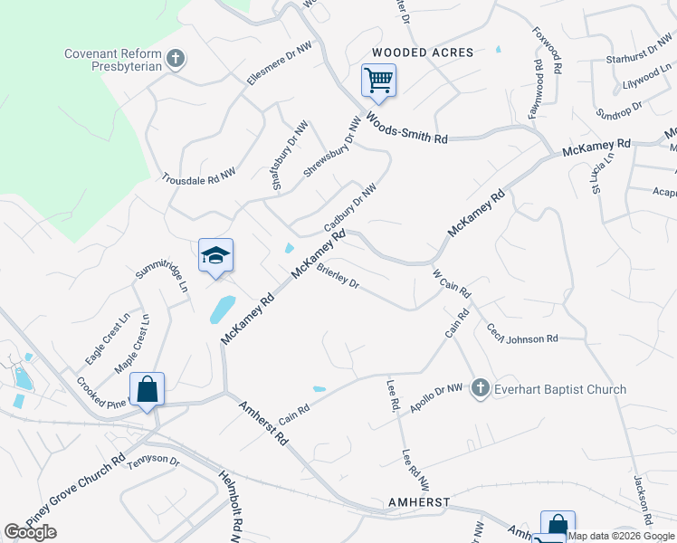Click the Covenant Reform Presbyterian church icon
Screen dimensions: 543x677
(x=176, y=60)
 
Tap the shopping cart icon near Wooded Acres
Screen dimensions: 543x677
(x=378, y=80)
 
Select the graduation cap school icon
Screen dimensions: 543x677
(x=216, y=256)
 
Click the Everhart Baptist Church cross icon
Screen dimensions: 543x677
(x=480, y=389)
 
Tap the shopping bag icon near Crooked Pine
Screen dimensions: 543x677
(x=147, y=390)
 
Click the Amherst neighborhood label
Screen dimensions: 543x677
(x=419, y=502)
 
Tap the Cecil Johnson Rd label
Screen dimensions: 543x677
(x=522, y=334)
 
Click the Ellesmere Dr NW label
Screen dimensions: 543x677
(x=272, y=67)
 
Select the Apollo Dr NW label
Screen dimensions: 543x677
(x=435, y=398)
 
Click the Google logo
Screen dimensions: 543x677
(x=30, y=533)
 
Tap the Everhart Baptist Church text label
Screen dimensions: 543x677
(x=559, y=390)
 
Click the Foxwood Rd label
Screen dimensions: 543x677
(x=549, y=50)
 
